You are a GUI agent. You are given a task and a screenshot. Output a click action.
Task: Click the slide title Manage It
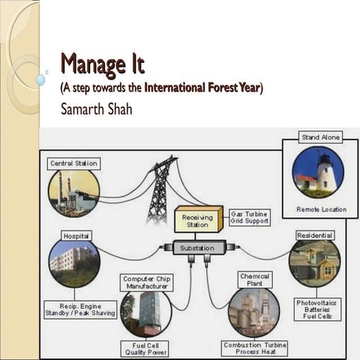click(102, 64)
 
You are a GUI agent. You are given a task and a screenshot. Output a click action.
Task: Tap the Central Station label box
click(73, 163)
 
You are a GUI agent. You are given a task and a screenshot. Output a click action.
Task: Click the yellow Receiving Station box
click(199, 220)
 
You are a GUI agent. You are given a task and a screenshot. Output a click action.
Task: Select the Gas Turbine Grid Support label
click(248, 218)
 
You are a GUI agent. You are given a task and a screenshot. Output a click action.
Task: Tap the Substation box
click(198, 247)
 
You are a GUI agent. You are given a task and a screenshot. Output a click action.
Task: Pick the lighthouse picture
click(318, 172)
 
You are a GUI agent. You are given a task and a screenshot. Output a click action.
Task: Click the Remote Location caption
click(321, 209)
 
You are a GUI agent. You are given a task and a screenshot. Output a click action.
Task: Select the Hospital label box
click(76, 235)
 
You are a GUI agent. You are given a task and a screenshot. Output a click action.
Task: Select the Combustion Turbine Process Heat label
click(254, 347)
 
